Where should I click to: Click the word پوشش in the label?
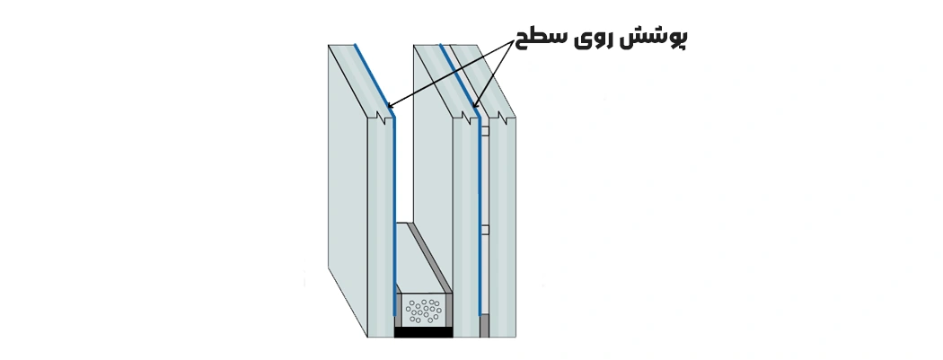click(660, 38)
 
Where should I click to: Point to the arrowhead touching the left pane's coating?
click(391, 107)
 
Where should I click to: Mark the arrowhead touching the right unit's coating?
click(476, 107)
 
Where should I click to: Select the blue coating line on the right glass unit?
click(479, 215)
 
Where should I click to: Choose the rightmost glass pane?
click(503, 224)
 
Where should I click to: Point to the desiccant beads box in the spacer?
click(423, 311)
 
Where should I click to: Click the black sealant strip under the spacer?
click(423, 332)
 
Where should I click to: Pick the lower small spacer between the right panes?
click(484, 230)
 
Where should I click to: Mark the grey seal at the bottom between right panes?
click(484, 325)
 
